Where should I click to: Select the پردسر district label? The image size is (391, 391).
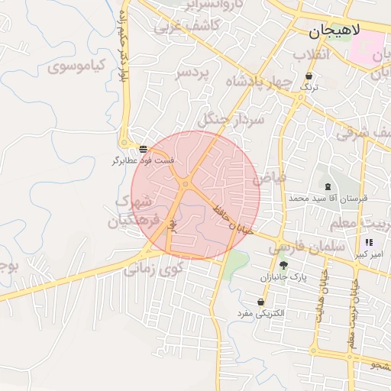coord(192,73)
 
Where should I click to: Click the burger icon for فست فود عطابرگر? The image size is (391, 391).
coord(144,148)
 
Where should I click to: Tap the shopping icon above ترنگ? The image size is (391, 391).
coord(309,76)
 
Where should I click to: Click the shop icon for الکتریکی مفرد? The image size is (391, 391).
coord(260,302)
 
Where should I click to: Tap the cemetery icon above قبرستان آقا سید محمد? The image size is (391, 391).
coord(327,186)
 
